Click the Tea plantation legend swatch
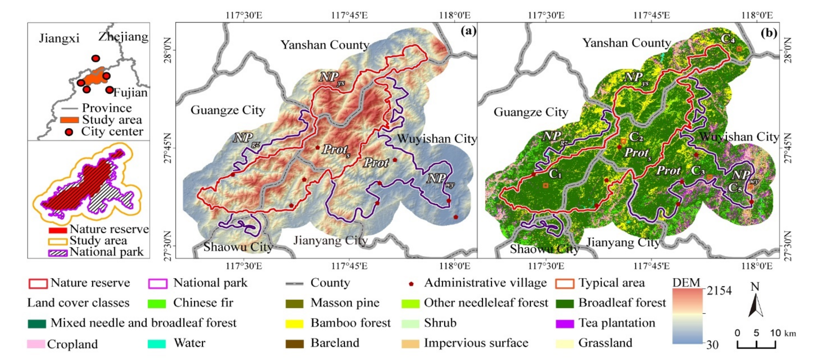(565, 324)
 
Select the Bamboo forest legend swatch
(294, 324)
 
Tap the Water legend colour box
(156, 344)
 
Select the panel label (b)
(769, 32)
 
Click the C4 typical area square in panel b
(739, 49)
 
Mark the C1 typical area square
(545, 185)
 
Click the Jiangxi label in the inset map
(59, 38)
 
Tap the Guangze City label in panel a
(228, 110)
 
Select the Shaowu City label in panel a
(238, 247)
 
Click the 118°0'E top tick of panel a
(455, 15)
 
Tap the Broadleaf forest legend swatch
(565, 303)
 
